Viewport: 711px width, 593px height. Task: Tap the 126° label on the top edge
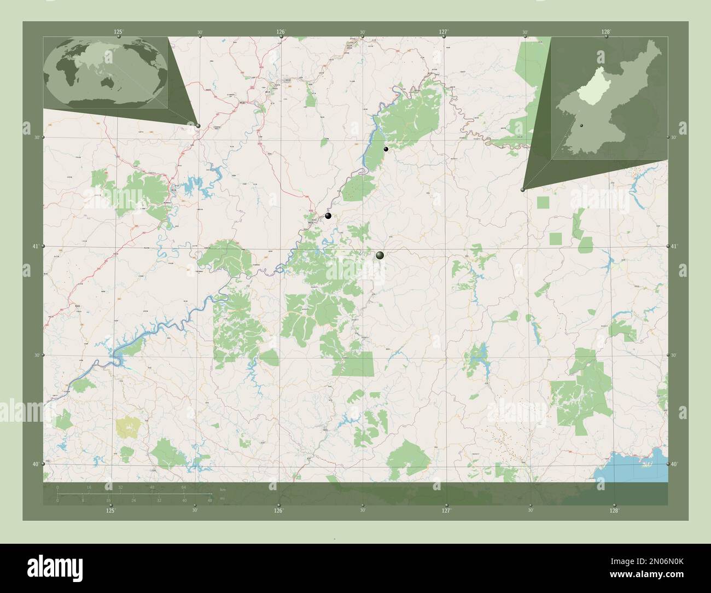[281, 32]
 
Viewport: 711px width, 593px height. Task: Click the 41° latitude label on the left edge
[34, 247]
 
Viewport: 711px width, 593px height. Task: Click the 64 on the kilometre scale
[184, 487]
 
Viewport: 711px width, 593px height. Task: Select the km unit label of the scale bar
[223, 489]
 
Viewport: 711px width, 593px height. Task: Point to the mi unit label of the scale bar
[223, 498]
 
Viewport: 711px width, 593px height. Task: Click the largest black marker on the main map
[380, 255]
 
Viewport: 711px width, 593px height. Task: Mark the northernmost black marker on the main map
[386, 149]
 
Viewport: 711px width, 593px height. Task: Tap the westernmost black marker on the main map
[328, 216]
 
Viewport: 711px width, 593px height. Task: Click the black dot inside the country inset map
[582, 126]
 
